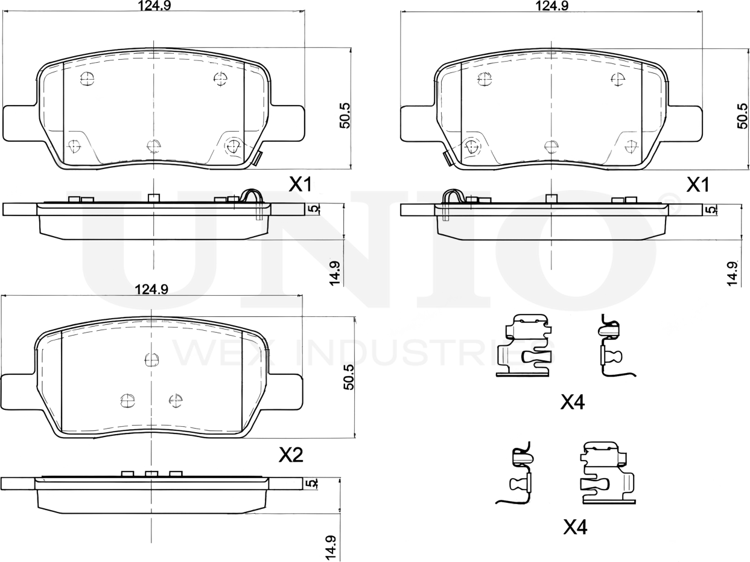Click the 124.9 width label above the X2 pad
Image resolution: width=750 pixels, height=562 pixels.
[151, 289]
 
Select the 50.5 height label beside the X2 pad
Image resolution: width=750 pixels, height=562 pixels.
[348, 377]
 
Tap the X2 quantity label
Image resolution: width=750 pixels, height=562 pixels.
[290, 455]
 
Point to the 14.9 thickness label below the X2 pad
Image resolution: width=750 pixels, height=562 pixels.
[329, 548]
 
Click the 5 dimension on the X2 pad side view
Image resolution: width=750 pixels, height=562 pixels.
[312, 484]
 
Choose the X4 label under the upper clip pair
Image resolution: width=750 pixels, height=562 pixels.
[572, 402]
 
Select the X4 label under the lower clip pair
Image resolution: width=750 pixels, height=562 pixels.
[574, 528]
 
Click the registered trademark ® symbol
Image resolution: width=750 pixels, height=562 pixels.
[672, 207]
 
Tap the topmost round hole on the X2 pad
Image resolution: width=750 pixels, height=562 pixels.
[151, 360]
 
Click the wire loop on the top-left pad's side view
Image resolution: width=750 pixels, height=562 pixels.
[251, 196]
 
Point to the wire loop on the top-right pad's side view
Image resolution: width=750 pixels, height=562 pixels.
[453, 196]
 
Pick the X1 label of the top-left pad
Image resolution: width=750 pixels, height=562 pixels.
[300, 185]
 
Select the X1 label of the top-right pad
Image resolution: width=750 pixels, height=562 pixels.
[698, 185]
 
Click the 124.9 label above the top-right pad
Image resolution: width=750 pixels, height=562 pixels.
[552, 6]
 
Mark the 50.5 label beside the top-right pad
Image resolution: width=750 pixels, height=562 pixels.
[742, 115]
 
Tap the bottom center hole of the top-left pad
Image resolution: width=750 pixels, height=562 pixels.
[154, 145]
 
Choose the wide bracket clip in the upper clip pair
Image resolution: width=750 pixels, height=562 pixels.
[524, 346]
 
